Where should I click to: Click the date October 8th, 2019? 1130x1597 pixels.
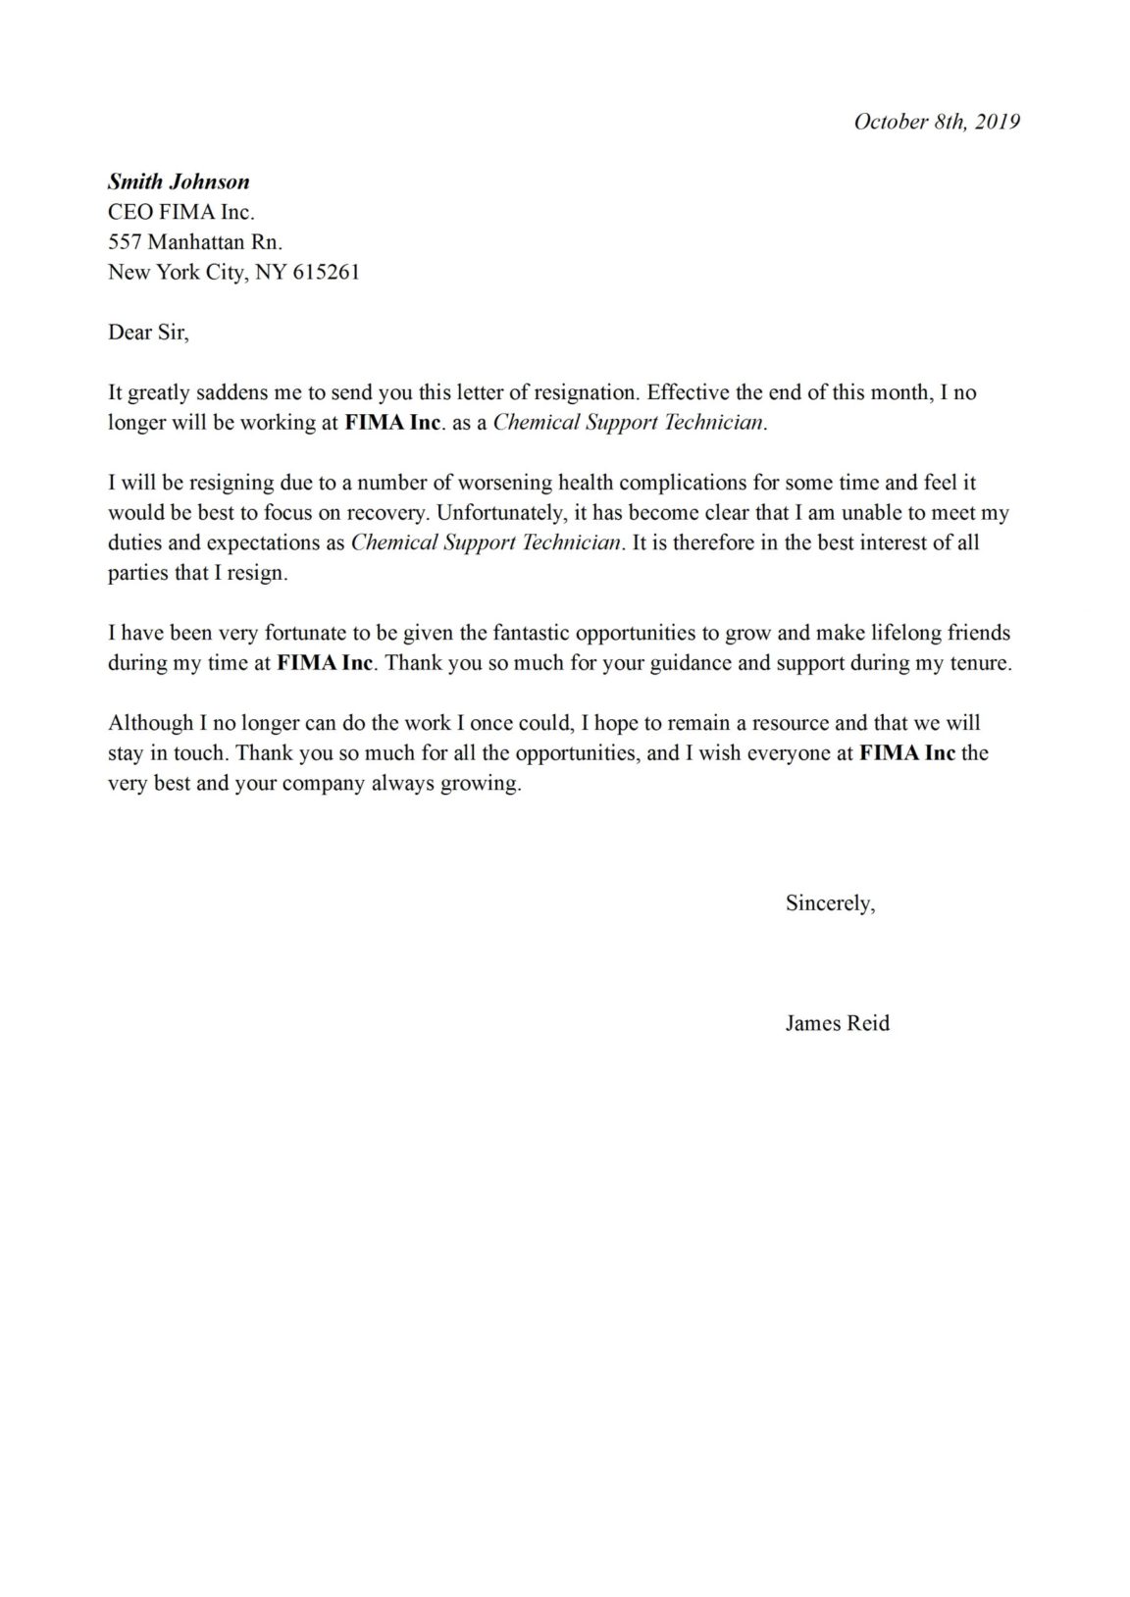(x=937, y=122)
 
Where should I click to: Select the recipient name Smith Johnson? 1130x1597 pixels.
(x=179, y=181)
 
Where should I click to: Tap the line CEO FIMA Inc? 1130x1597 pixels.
(x=181, y=212)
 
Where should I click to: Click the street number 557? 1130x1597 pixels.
(x=126, y=242)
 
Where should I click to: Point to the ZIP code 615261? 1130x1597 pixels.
(x=326, y=273)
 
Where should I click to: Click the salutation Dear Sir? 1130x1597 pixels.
(x=148, y=333)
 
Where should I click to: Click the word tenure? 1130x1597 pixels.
(x=977, y=663)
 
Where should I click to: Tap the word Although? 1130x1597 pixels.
(x=150, y=724)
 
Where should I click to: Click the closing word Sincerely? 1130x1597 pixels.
(x=828, y=903)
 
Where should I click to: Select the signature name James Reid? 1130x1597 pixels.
(x=837, y=1024)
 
